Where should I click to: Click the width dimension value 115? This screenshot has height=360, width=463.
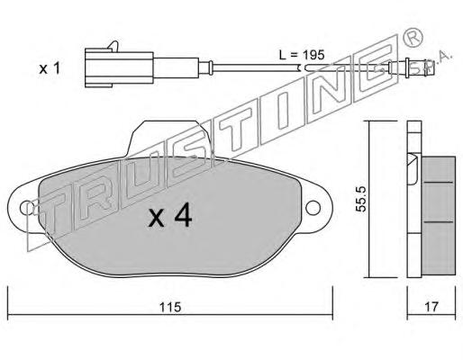(x=170, y=307)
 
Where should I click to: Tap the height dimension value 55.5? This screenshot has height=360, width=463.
(x=360, y=199)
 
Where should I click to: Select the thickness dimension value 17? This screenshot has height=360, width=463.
(x=431, y=307)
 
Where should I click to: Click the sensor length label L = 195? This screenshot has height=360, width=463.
(x=302, y=55)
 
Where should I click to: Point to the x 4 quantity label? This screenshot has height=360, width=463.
(x=170, y=215)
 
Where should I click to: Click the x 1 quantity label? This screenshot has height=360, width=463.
(x=50, y=68)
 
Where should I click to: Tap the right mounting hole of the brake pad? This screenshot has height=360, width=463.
(x=313, y=208)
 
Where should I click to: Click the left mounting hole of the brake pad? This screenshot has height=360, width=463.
(x=27, y=208)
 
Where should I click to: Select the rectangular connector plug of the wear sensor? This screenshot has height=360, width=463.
(x=119, y=68)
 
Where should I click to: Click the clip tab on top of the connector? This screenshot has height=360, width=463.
(x=113, y=46)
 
